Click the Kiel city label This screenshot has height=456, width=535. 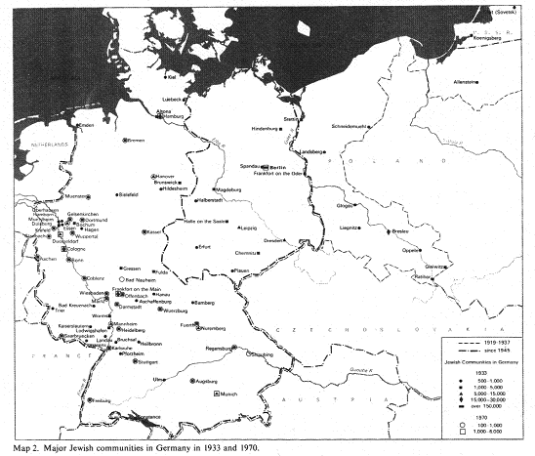click(172, 75)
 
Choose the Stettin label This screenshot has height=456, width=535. click(290, 118)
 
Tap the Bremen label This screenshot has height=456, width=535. click(137, 141)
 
